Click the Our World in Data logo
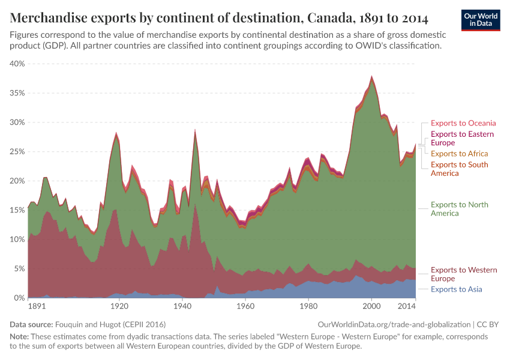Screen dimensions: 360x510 coord(481,19)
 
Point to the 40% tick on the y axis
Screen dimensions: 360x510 coord(16,64)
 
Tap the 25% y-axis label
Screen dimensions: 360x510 coord(16,152)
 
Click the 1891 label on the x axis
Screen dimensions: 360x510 coord(37,307)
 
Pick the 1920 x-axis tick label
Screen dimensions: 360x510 coord(119,307)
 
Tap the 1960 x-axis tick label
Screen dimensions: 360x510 coord(245,307)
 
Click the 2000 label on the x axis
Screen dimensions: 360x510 coord(371,307)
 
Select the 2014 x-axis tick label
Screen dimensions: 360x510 coord(407,307)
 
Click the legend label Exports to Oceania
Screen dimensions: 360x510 coord(463,123)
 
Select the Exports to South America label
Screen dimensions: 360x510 coord(459,169)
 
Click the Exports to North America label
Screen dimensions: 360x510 coord(461,209)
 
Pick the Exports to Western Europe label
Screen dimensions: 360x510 coord(463,274)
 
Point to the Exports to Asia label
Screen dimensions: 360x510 coord(456,289)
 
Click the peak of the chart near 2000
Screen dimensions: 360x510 coord(372,77)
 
